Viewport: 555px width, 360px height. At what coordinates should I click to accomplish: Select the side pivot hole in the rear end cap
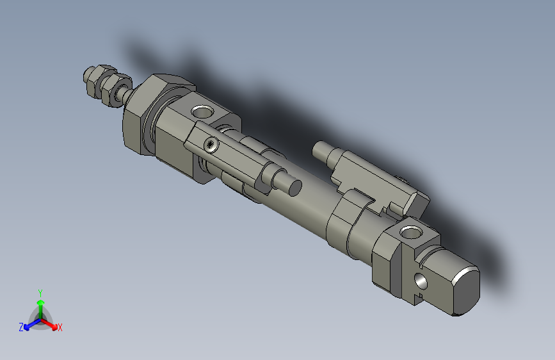pos(421,281)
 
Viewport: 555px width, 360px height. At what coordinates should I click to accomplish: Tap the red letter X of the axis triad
pos(60,327)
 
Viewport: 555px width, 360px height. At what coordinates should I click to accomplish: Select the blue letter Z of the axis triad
pos(21,327)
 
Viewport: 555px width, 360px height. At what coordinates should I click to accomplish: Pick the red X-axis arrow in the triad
pos(51,323)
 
